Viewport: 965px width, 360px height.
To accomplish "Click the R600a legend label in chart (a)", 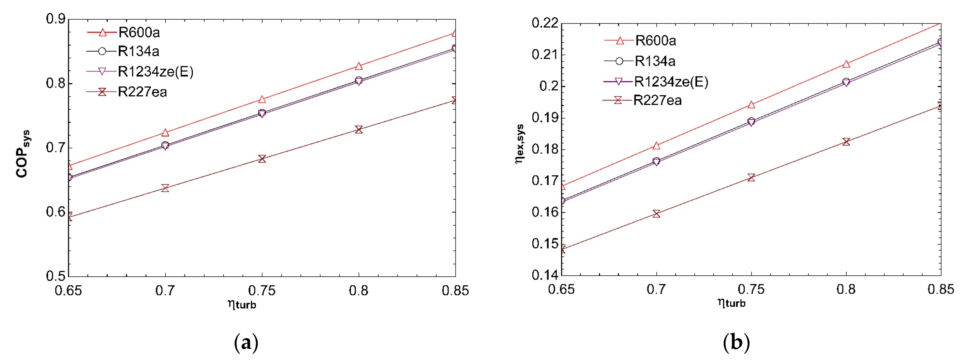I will [x=139, y=32].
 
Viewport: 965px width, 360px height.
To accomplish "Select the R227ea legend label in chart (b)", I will [x=657, y=100].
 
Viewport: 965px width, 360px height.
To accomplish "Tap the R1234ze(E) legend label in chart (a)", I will [x=155, y=72].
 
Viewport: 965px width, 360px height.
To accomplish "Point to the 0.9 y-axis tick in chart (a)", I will [x=55, y=19].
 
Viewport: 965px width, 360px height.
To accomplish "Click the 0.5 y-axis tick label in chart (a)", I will [x=55, y=276].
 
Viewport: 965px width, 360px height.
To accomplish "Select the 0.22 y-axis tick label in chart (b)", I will [x=545, y=23].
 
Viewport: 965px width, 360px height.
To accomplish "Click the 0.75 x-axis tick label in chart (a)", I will [x=262, y=291].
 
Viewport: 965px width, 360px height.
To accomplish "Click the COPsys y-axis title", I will [x=22, y=154].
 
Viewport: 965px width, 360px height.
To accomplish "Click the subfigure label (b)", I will [x=736, y=342].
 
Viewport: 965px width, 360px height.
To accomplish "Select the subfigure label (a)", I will [x=246, y=342].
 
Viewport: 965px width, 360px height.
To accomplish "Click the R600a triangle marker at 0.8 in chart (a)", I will [x=358, y=66].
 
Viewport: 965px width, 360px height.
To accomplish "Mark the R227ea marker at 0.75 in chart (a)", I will [x=262, y=159].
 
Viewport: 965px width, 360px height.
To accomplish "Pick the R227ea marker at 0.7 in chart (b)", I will [x=656, y=214].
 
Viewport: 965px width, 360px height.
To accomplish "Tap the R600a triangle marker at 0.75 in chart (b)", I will [x=751, y=105].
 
